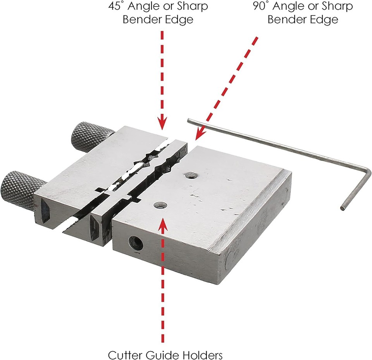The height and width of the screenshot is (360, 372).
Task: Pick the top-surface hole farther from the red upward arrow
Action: [190, 175]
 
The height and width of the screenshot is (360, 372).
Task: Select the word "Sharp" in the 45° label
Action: [193, 7]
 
